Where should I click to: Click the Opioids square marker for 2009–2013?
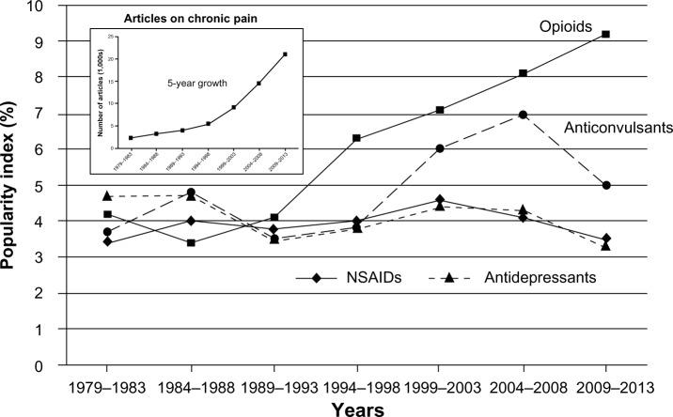[606, 34]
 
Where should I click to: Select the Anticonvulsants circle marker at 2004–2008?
[523, 115]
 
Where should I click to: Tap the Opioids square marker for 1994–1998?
[356, 138]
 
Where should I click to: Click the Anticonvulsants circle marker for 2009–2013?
[606, 185]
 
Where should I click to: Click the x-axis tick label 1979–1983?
[108, 386]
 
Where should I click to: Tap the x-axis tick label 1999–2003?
[440, 386]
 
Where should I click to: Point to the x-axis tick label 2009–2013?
[606, 386]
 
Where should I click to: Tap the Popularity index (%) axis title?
[11, 184]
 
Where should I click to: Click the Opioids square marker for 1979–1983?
[108, 215]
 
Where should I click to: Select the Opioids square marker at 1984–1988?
[191, 243]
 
